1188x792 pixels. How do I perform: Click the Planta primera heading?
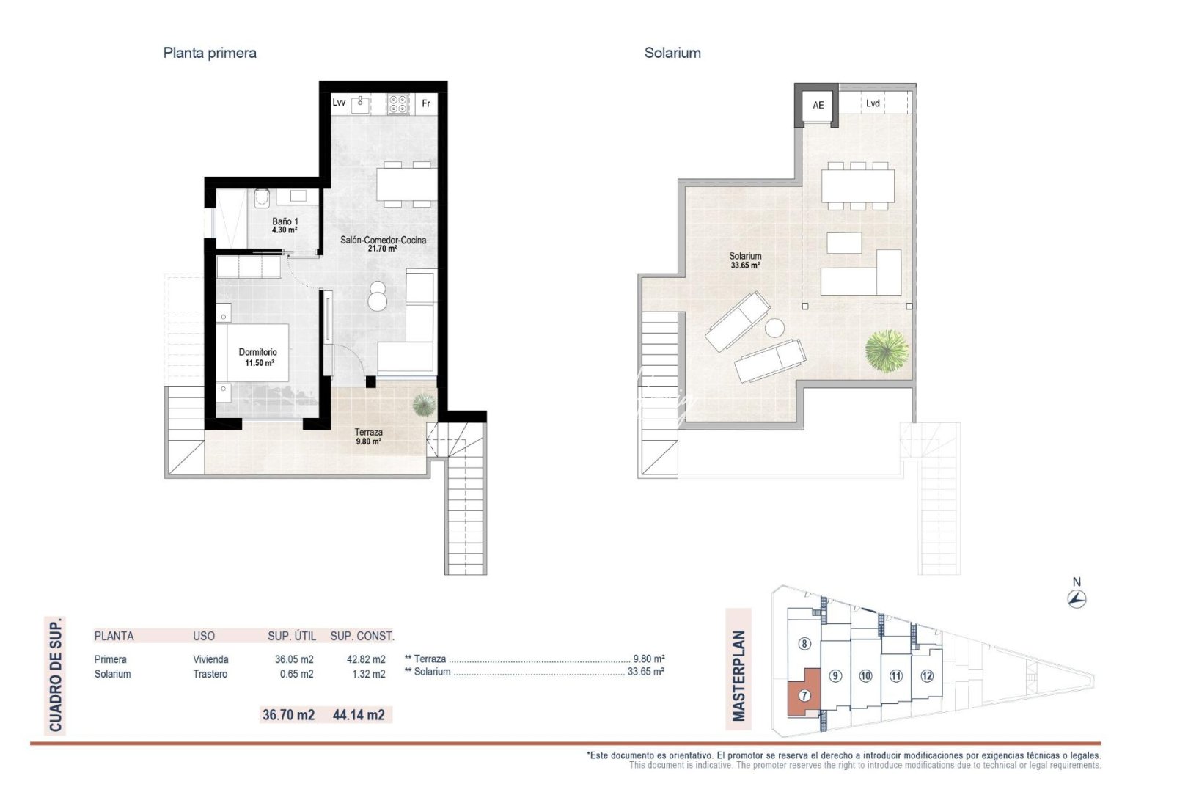[210, 53]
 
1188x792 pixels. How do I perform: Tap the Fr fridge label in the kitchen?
[426, 103]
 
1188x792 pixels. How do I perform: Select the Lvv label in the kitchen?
[339, 103]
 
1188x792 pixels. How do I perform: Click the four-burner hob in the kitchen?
[398, 104]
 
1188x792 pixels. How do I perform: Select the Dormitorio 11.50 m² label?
[257, 357]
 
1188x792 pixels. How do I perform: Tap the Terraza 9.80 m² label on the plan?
[368, 436]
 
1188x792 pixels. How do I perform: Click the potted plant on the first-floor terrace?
[424, 404]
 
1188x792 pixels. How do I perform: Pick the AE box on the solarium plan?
[818, 106]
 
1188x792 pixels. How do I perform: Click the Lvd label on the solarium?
[873, 103]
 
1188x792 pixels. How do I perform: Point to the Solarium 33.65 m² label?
[745, 260]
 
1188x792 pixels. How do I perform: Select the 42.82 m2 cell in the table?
[365, 659]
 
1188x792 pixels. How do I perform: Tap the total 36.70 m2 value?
[288, 714]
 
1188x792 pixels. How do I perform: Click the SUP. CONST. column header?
[362, 636]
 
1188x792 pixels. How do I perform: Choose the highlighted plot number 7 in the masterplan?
[804, 695]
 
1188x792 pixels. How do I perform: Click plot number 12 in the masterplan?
[927, 675]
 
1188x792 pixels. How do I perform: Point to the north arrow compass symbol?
[1077, 599]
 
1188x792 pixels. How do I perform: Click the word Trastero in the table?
[210, 674]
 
